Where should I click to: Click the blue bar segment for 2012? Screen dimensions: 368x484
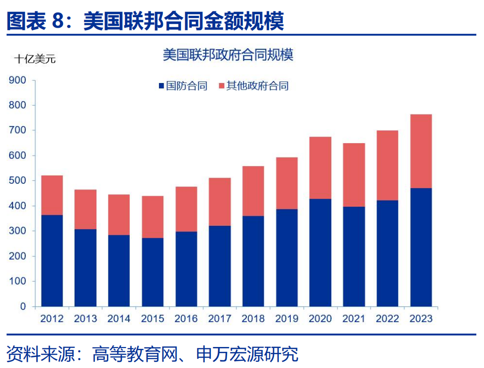52,260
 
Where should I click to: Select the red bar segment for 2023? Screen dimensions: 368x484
421,151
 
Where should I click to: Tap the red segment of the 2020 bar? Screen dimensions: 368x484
320,168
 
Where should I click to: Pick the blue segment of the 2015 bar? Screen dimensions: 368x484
152,272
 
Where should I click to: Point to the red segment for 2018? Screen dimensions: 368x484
253,191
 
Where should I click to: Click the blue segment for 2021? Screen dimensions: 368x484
354,256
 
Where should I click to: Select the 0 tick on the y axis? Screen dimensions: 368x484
22,306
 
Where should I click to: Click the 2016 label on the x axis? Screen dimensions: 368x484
186,318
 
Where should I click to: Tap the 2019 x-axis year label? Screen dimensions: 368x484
287,318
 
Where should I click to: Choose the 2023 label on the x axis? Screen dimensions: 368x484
421,318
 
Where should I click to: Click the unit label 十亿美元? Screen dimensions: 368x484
35,59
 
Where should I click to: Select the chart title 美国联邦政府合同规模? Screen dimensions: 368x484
228,55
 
